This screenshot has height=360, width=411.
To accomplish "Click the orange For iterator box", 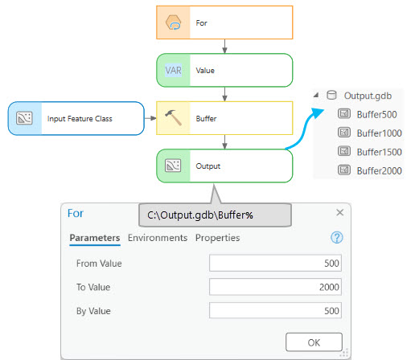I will click(224, 23).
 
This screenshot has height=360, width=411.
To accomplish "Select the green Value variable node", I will click(224, 70).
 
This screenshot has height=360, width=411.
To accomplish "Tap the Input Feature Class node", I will click(75, 118).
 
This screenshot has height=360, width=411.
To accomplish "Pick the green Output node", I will click(224, 166).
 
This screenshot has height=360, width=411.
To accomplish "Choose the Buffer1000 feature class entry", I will click(379, 133).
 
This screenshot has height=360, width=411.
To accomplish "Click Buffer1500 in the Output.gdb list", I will click(379, 151).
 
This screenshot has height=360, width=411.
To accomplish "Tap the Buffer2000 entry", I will click(379, 170).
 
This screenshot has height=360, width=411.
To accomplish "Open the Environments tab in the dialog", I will click(158, 238).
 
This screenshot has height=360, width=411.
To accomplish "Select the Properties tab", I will click(217, 238).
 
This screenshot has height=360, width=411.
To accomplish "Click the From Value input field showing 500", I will click(276, 264).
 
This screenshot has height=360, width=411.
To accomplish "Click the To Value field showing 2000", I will click(276, 287).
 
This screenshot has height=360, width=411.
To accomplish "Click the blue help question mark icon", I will click(337, 237).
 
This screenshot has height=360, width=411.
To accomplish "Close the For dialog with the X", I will click(339, 212).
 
